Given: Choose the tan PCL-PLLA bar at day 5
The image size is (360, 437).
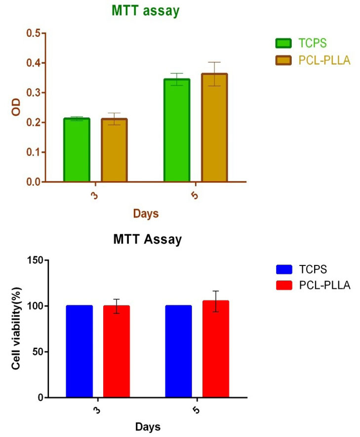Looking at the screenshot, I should click(214, 128).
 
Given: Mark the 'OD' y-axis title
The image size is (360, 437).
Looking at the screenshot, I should click(17, 108).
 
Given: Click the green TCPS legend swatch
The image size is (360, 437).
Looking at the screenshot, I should click(283, 43).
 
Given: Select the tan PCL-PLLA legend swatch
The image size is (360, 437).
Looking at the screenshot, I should click(283, 60).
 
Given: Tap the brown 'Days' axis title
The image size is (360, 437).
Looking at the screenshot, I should click(146, 214).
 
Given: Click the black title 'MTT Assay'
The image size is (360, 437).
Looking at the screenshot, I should click(147, 241).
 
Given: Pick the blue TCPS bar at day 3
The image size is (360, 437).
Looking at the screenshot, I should click(79, 351).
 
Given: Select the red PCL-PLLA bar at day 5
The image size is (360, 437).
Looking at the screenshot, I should click(216, 349).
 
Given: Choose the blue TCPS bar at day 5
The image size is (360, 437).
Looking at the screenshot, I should click(178, 351).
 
